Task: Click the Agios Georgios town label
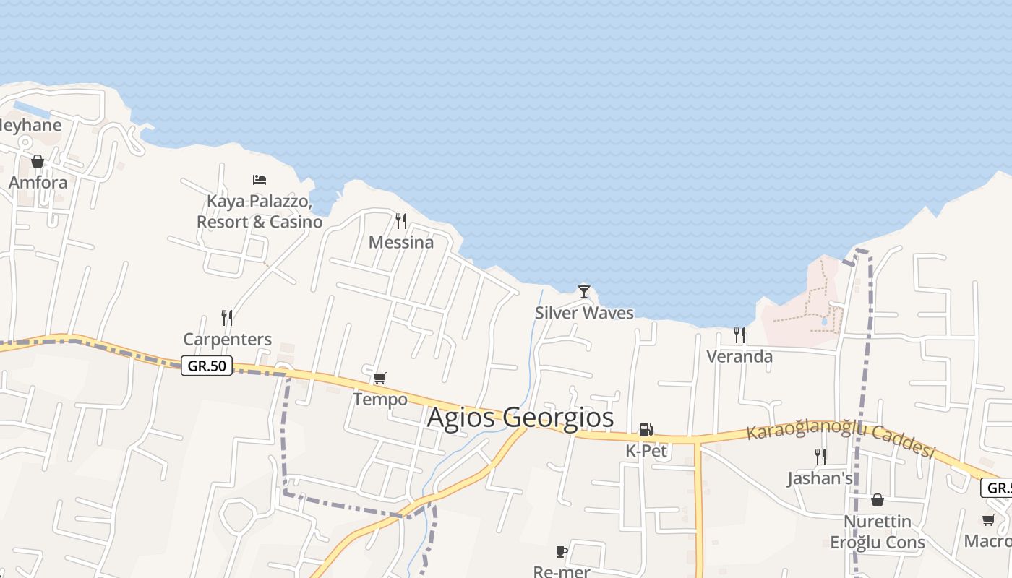coord(520,418)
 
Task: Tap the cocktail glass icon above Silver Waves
coord(584,292)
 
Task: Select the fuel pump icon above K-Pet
coord(646,430)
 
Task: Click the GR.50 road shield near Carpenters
coord(207,366)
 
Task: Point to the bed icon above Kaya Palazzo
coord(260,179)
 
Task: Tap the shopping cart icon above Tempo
coord(379,378)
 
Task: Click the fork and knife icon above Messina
coord(401,220)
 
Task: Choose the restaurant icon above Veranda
coord(739,335)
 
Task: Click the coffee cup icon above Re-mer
coord(562,552)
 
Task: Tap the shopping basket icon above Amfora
coord(38,160)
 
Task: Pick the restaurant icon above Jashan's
coord(820,456)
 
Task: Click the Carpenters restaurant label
coord(227,339)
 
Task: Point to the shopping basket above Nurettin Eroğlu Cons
coord(877,500)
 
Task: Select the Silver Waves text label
coord(584,313)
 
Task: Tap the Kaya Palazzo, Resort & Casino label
coord(260,211)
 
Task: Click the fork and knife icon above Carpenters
coord(227,317)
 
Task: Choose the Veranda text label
coord(739,356)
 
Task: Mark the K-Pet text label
coord(646,451)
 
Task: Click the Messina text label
coord(401,242)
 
